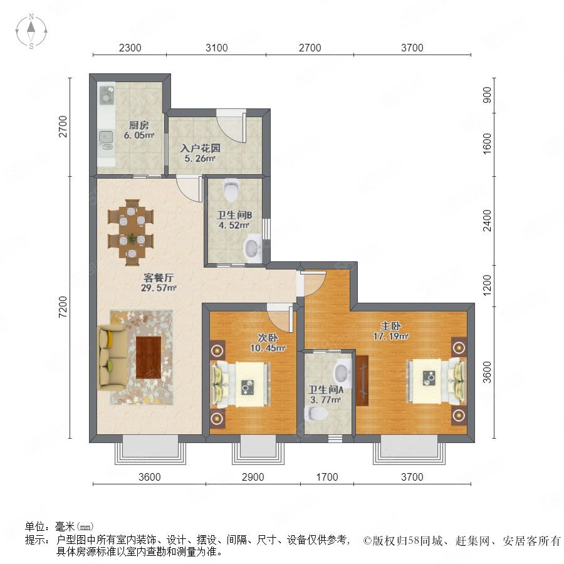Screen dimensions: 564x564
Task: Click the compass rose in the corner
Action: (x=31, y=31)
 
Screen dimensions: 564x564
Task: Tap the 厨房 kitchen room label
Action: (x=139, y=125)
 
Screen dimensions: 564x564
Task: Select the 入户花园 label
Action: (x=201, y=148)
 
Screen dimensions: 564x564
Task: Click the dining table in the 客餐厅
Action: (x=131, y=232)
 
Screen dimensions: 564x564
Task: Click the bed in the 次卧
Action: (x=240, y=384)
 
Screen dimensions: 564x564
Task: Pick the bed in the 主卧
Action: (x=436, y=381)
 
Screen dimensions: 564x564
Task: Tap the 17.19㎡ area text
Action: (x=391, y=337)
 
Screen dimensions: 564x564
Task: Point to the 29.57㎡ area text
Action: (x=159, y=288)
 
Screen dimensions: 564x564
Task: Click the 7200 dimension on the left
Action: (x=63, y=307)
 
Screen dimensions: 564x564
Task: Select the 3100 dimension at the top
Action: (x=217, y=48)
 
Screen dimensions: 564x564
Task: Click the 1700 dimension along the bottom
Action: (x=327, y=477)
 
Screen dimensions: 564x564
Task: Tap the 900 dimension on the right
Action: (x=487, y=95)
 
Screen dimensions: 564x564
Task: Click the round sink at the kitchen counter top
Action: (x=107, y=95)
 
